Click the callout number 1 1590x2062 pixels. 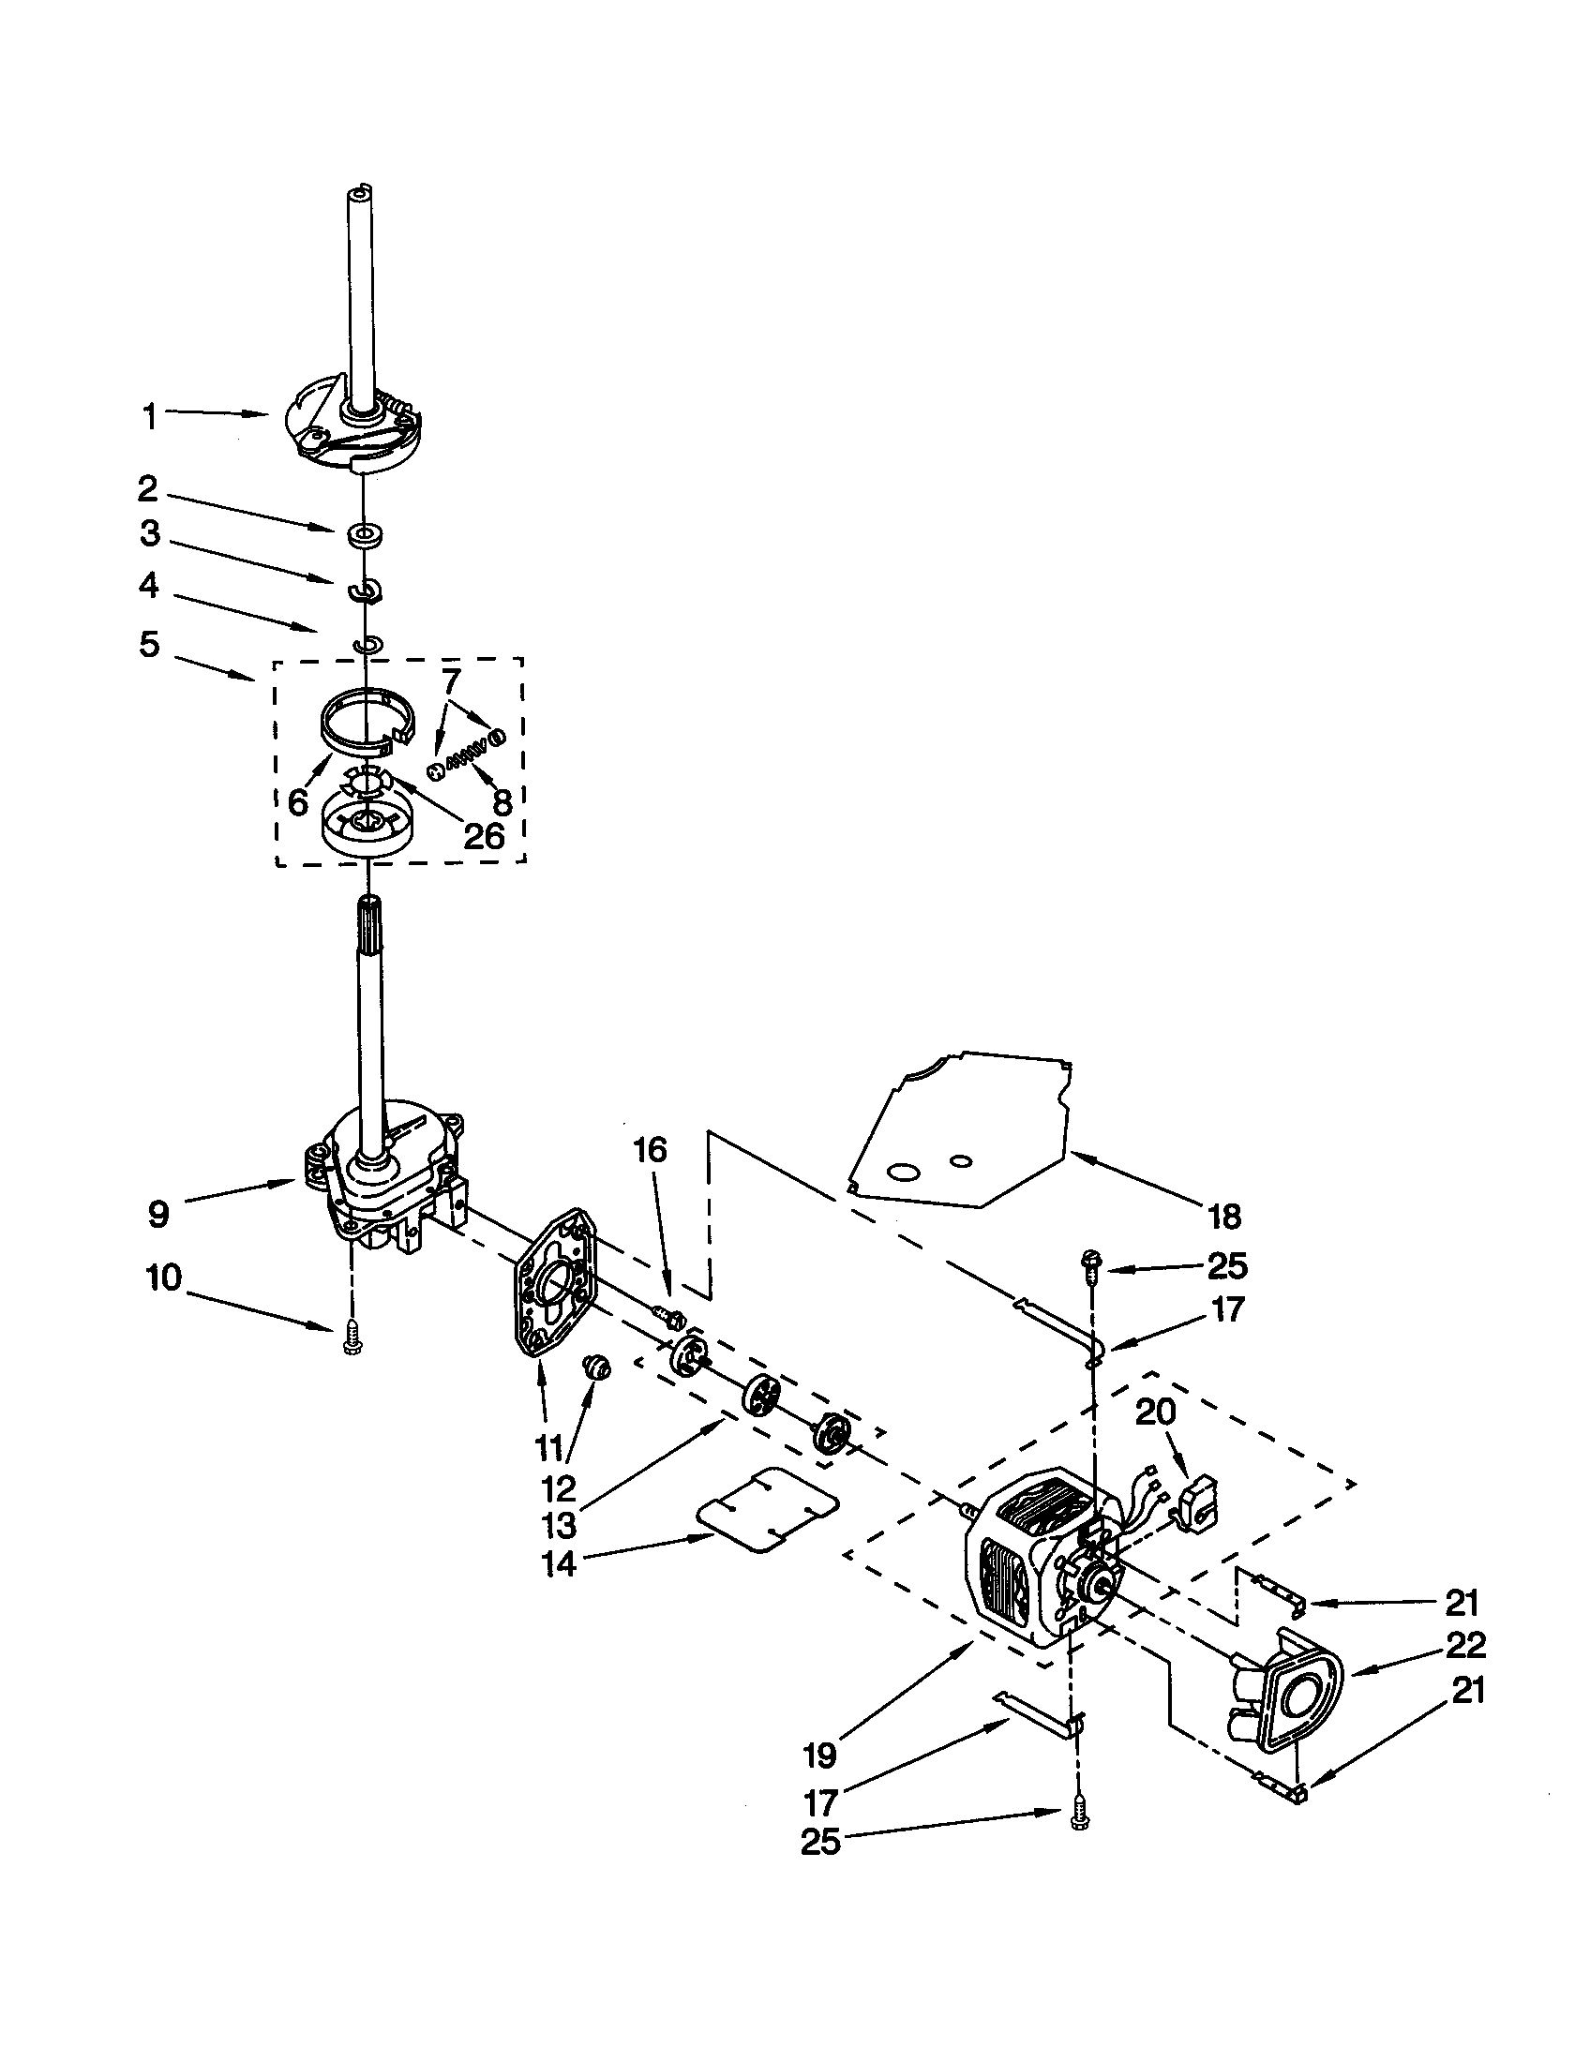point(149,417)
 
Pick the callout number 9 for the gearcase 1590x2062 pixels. point(158,1214)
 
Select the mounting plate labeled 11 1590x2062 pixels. point(553,1286)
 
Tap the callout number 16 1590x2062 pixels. point(649,1149)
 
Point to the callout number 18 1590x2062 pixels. point(1224,1217)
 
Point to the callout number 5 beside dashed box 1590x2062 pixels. point(149,646)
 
